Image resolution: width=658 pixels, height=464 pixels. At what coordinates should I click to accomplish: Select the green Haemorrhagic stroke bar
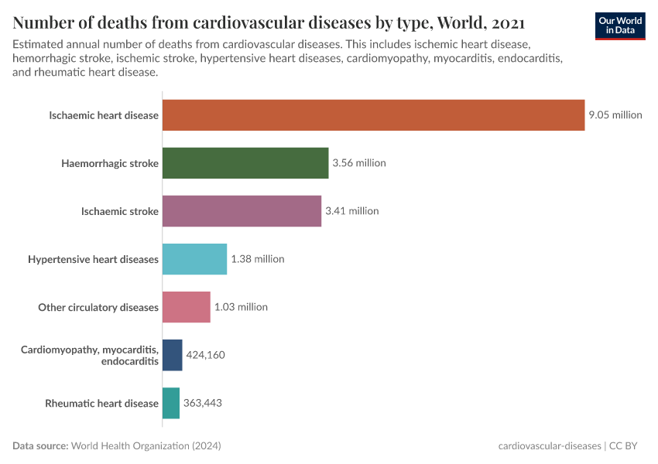coord(245,163)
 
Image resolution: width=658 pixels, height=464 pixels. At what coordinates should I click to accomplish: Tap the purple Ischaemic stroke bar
coord(242,211)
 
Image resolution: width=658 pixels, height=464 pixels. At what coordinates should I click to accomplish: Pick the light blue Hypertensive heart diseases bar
coord(194,259)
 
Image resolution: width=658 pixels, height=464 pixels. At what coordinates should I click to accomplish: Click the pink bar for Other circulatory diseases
coord(186,307)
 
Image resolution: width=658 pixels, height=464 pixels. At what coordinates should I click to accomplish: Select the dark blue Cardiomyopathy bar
coord(172,355)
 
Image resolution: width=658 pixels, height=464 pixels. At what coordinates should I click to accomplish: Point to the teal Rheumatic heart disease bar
coord(170,403)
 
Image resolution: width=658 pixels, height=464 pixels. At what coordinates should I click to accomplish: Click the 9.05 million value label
coord(615,115)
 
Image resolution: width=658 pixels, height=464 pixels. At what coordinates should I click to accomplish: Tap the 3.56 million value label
coord(358,163)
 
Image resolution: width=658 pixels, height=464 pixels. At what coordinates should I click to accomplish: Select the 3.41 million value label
coord(351,211)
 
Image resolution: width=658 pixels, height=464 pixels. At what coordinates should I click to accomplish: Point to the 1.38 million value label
coord(257,259)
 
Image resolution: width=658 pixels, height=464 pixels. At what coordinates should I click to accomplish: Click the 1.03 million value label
coord(241,307)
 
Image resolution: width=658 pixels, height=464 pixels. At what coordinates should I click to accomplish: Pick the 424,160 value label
coord(205,355)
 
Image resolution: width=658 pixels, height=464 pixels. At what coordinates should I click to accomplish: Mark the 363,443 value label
coord(204,403)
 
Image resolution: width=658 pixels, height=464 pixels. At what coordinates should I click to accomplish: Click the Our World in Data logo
coord(620,26)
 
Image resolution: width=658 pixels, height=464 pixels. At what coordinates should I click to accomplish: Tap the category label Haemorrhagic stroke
coord(110,163)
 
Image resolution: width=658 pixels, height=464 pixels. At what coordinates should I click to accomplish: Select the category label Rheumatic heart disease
coord(101,403)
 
